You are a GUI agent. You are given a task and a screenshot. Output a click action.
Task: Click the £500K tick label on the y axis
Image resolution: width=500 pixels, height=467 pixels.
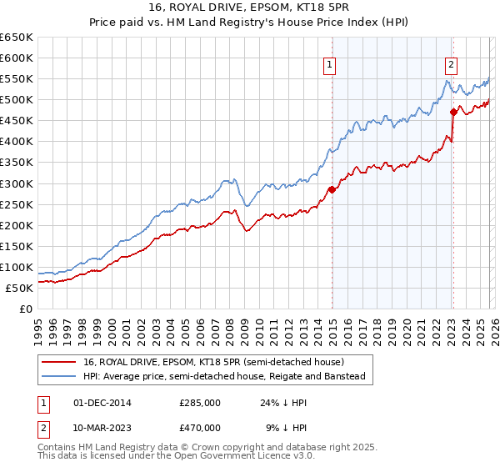coord(17,100)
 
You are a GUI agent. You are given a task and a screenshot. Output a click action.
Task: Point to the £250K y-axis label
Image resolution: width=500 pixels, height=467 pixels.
coord(17,204)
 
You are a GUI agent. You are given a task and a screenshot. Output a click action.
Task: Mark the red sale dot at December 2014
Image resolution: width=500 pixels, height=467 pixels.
coord(332,189)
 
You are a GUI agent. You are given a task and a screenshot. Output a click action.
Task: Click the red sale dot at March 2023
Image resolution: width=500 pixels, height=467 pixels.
coord(453,112)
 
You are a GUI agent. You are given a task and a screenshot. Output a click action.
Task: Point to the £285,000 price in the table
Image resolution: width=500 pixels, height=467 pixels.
coord(200,402)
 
